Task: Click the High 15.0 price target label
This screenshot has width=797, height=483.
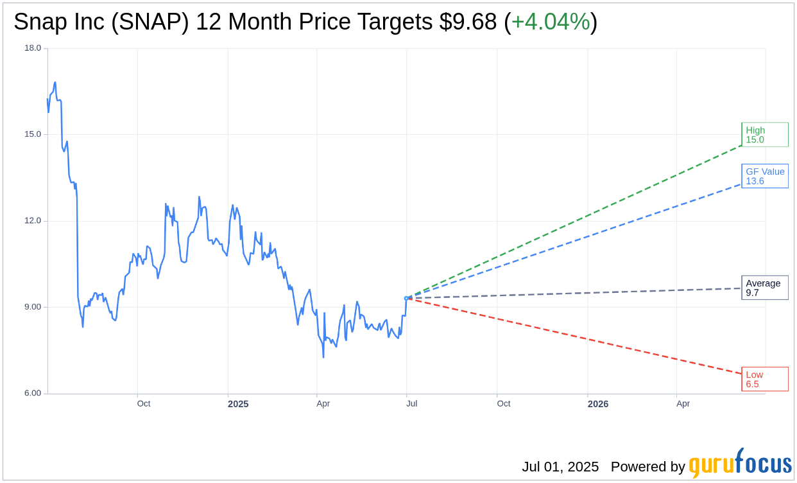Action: (764, 135)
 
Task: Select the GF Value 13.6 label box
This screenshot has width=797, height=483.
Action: (764, 176)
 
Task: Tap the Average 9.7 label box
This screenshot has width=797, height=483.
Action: (764, 288)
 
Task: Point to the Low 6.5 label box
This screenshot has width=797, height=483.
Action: (764, 379)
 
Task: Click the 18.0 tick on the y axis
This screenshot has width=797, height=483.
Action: (33, 48)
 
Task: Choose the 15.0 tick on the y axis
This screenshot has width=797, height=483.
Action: (33, 134)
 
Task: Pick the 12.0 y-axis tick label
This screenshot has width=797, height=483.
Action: (33, 221)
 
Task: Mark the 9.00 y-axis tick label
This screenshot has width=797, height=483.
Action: (33, 307)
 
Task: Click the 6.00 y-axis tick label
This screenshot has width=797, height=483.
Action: (33, 393)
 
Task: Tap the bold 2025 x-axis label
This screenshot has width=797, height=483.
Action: (238, 404)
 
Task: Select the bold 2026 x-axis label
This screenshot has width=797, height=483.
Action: (598, 404)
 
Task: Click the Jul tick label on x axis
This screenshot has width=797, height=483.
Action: (411, 404)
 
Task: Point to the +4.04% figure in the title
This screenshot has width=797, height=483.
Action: (551, 22)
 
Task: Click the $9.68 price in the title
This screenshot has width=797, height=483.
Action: (468, 22)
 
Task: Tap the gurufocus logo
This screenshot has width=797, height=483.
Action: (740, 464)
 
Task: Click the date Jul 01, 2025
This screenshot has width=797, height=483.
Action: (560, 467)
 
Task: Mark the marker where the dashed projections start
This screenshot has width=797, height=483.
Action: (407, 298)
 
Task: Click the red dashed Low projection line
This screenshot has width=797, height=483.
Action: (578, 337)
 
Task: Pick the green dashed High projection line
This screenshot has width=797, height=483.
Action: (578, 218)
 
